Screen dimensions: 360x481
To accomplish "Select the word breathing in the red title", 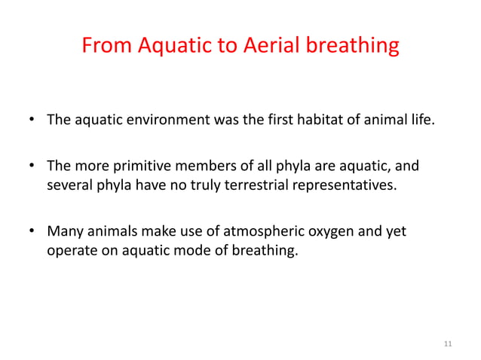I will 355,47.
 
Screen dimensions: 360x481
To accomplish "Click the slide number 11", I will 448,344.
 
